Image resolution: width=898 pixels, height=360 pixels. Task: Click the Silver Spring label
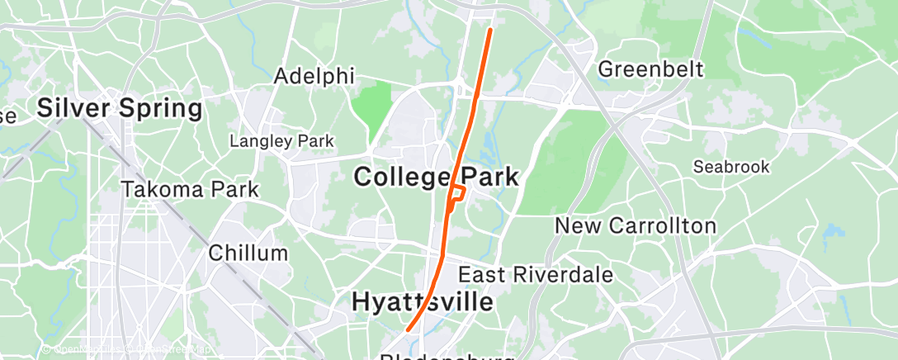coord(120,107)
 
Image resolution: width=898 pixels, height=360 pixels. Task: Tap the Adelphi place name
coord(314,76)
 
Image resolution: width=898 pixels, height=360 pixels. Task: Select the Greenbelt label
coord(651,68)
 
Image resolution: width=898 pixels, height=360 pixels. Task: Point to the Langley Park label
coord(281,141)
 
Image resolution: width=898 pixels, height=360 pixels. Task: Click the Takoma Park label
coord(190,189)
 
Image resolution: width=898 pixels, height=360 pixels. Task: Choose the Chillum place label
coord(248,253)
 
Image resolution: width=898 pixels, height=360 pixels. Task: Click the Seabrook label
coord(731,167)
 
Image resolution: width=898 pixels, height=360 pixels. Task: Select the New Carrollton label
coord(635,225)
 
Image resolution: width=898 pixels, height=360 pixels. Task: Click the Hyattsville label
coord(423,302)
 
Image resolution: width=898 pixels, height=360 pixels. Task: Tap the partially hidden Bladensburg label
coord(447,357)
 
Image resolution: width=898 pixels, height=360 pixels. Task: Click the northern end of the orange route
coord(491,30)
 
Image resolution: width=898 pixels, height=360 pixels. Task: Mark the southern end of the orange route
coord(408,330)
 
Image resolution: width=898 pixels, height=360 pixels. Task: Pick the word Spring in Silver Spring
coord(160,107)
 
